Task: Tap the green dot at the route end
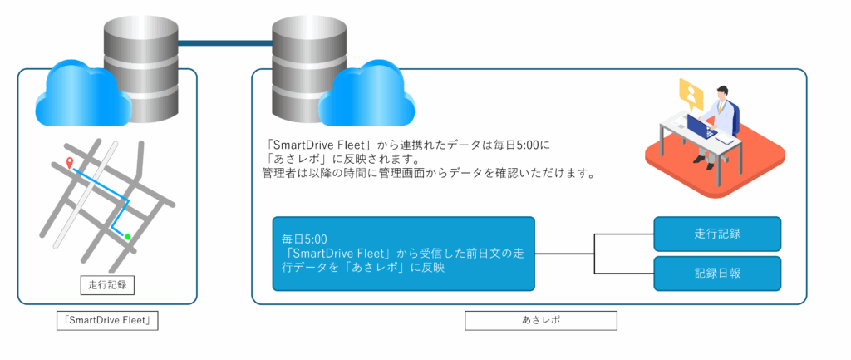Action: pyautogui.click(x=127, y=238)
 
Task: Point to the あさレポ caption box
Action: pyautogui.click(x=540, y=320)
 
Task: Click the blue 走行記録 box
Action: pyautogui.click(x=717, y=234)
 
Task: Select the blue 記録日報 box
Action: pyautogui.click(x=717, y=273)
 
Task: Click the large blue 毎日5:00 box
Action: pyautogui.click(x=403, y=254)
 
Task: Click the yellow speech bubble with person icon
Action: pyautogui.click(x=691, y=91)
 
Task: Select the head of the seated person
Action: pyautogui.click(x=721, y=92)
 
